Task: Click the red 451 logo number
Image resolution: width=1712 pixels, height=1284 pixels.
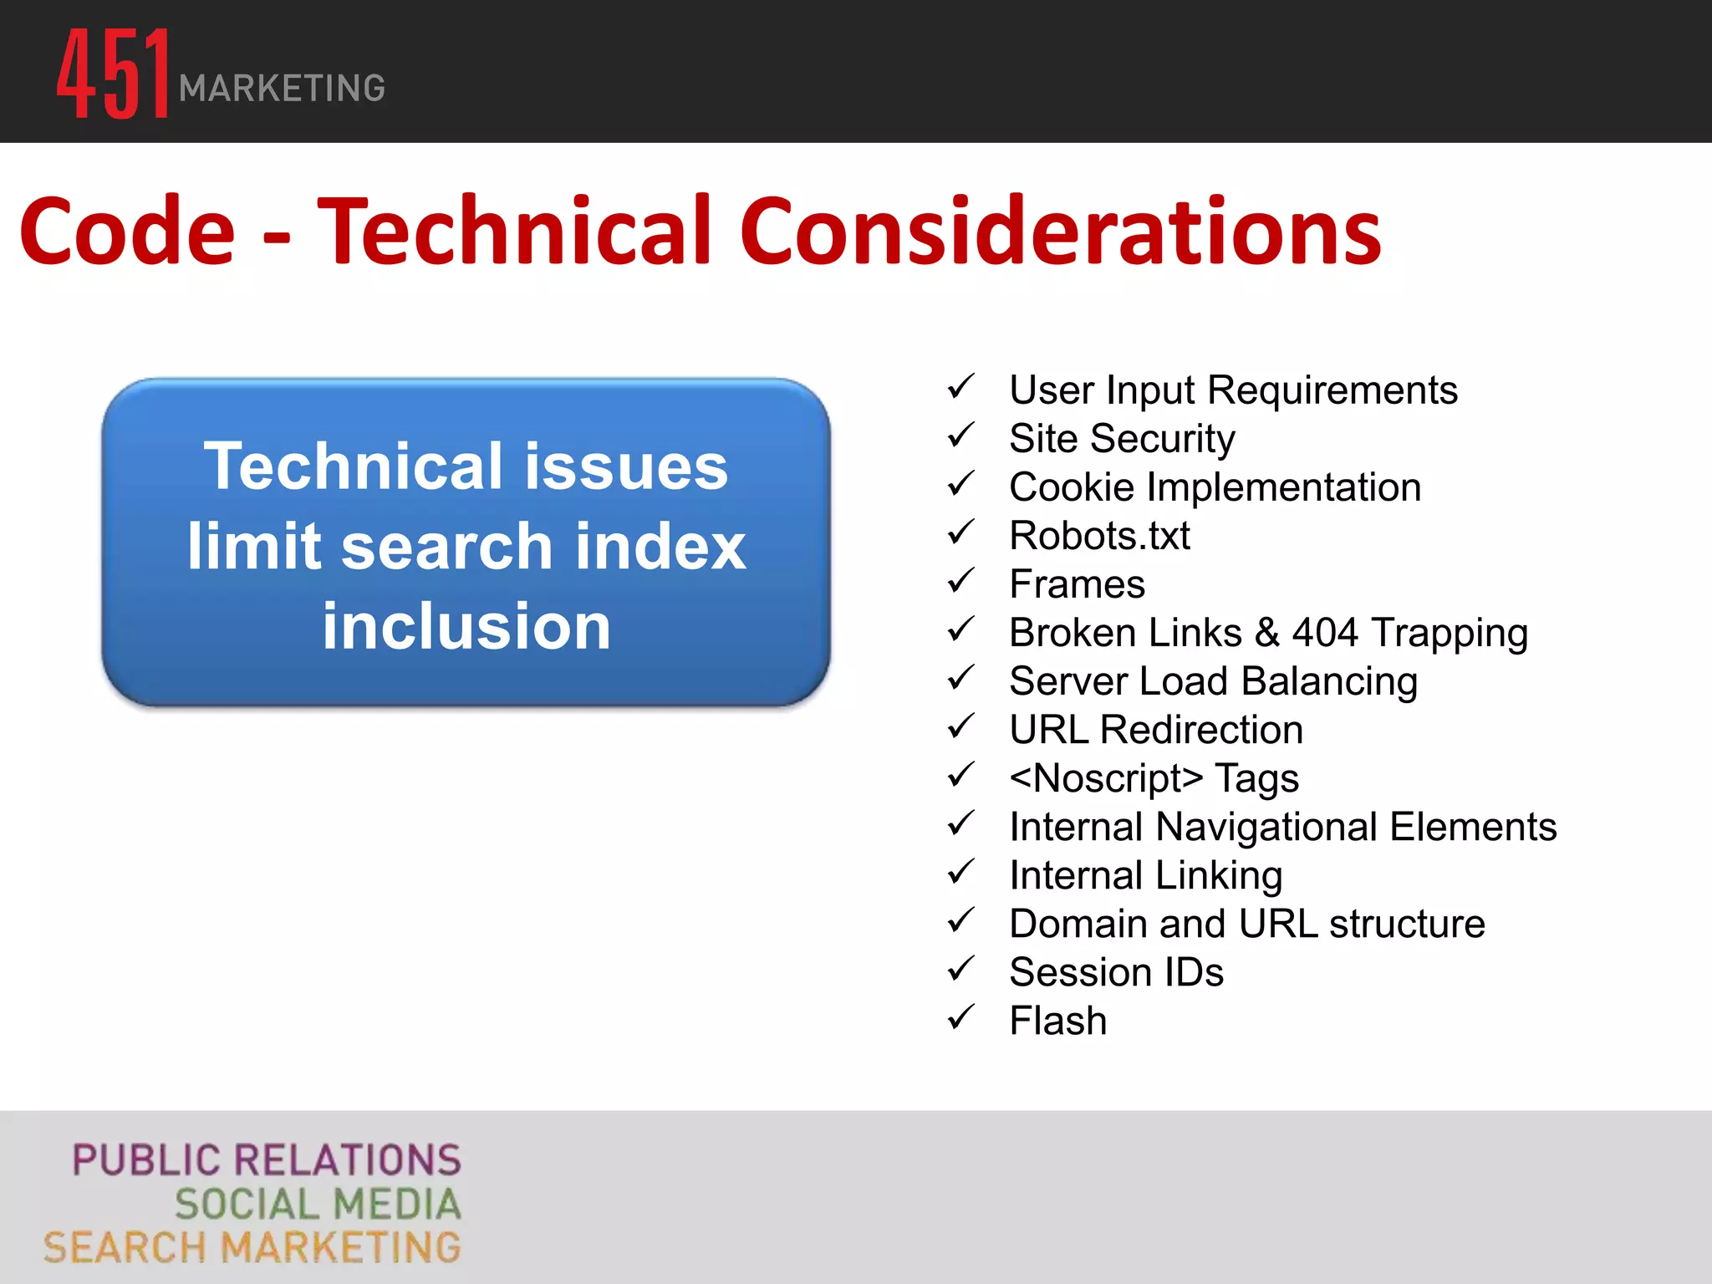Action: click(x=113, y=74)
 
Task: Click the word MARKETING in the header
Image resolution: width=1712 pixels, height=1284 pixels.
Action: click(x=282, y=89)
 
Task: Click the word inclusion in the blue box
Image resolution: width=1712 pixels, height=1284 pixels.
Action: click(x=466, y=626)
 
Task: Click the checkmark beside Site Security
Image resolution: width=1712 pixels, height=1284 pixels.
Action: click(x=961, y=436)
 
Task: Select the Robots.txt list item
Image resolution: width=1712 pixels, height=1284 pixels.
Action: click(x=1099, y=536)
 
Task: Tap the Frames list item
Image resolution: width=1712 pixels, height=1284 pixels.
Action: click(x=1077, y=584)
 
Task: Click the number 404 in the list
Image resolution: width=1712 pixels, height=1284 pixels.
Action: click(x=1324, y=633)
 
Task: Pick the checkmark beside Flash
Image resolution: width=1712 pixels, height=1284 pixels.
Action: click(x=961, y=1017)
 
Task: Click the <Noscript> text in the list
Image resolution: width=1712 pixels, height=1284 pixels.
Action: click(x=1106, y=778)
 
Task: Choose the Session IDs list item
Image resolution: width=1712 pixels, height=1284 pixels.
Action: click(x=1116, y=972)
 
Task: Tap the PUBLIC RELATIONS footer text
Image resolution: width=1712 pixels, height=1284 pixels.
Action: click(x=267, y=1160)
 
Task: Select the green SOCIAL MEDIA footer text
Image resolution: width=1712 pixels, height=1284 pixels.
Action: click(x=318, y=1205)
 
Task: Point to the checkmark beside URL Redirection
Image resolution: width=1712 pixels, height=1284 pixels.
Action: click(x=961, y=726)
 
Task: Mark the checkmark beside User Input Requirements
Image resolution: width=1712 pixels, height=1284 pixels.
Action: click(x=961, y=387)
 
